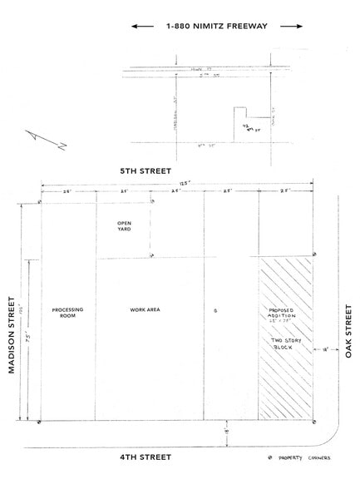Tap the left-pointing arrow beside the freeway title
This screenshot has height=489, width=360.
[142, 27]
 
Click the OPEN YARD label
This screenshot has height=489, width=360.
[123, 226]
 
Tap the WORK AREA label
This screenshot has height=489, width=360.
[144, 310]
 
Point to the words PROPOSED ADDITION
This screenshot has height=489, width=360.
[280, 314]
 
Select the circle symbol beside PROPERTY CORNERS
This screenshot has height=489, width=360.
[276, 458]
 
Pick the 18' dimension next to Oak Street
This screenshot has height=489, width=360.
[326, 350]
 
